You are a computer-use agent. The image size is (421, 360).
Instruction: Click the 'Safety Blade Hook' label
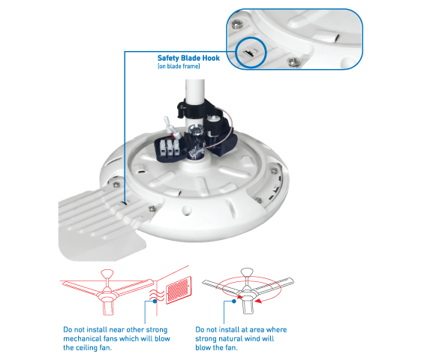pos(188,58)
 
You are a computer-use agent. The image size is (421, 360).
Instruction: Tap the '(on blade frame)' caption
pos(179,66)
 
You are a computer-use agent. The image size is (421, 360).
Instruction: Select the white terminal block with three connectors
pos(169,148)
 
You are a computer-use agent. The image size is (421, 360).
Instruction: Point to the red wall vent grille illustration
pos(179,289)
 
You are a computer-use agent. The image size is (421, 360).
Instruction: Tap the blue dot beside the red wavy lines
pos(155,301)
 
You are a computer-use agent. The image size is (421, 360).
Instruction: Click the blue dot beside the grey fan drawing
pos(234,301)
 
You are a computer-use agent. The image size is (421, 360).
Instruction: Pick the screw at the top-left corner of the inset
pos(237,25)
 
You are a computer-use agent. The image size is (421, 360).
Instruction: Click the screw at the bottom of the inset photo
pos(293,62)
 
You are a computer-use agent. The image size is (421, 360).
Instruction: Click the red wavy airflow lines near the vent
pos(157,295)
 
